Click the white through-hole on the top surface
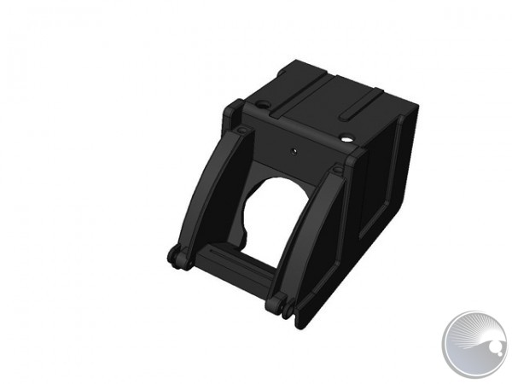point(346,138)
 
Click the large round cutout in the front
point(273,208)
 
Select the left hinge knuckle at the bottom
point(178,258)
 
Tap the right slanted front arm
point(311,230)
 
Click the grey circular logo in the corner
point(474,344)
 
